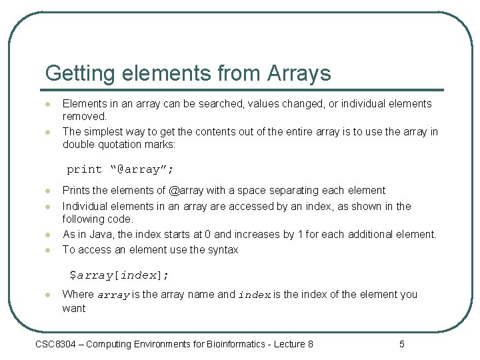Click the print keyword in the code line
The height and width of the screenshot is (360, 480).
click(84, 169)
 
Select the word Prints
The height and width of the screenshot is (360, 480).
click(77, 191)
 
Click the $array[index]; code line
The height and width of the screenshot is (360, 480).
click(120, 275)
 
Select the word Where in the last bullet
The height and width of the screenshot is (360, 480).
click(78, 295)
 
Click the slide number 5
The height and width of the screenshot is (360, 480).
click(402, 344)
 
